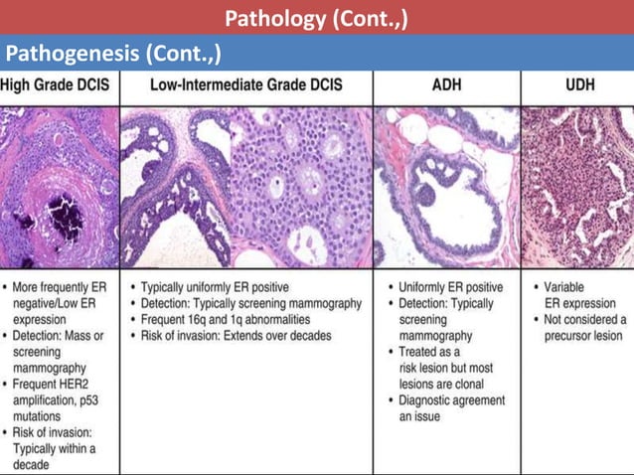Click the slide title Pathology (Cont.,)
[316, 17]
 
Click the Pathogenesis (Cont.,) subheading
[112, 52]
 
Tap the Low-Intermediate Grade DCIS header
[245, 86]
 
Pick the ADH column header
[446, 86]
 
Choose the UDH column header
[574, 86]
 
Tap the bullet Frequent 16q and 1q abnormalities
[232, 320]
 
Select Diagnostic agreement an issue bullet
[451, 408]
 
